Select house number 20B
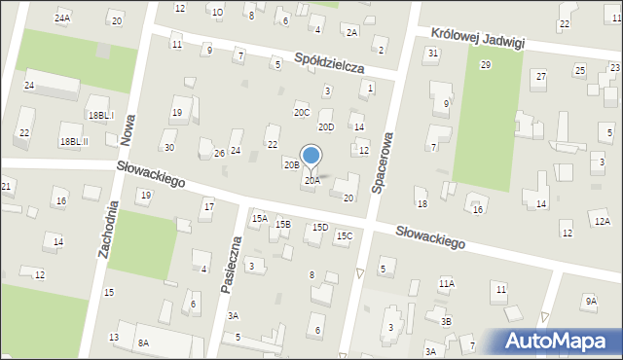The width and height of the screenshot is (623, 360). (x=291, y=164)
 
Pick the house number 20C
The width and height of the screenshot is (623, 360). (x=302, y=113)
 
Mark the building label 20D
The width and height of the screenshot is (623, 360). (x=326, y=126)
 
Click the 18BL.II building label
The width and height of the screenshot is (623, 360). (x=73, y=141)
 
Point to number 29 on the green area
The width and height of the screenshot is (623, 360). (x=485, y=64)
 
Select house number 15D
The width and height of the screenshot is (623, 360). (x=319, y=228)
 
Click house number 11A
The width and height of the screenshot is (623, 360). (x=446, y=283)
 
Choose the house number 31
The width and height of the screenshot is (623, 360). (x=432, y=53)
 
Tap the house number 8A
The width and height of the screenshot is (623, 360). (x=143, y=342)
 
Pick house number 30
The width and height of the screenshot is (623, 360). (x=169, y=148)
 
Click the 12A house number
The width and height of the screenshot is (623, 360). (x=603, y=222)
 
